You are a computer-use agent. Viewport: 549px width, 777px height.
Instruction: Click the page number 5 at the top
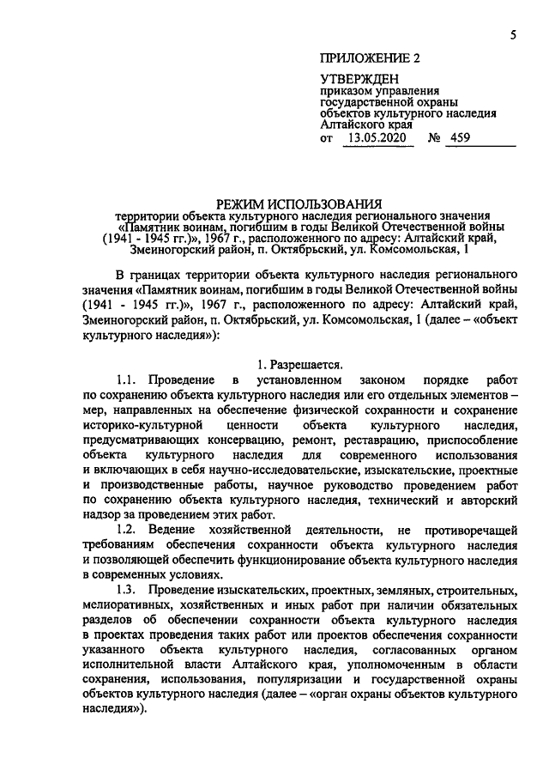tap(512, 34)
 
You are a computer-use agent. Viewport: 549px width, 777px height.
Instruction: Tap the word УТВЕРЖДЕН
tap(354, 79)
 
